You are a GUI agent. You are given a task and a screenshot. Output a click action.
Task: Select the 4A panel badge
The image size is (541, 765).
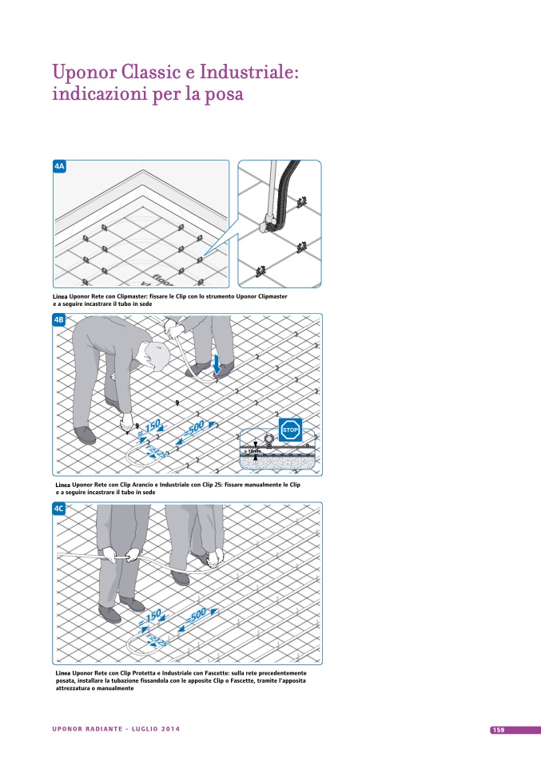59,166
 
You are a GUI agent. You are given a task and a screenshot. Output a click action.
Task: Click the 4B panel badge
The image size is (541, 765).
59,320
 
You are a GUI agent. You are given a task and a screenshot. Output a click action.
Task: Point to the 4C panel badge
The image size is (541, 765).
59,509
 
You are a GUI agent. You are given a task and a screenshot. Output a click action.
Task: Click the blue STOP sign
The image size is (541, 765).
290,429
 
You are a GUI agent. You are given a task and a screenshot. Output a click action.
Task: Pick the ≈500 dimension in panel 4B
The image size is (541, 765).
201,426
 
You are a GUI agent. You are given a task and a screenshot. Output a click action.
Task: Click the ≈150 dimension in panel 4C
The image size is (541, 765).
149,616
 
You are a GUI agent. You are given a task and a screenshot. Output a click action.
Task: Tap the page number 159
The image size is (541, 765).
498,730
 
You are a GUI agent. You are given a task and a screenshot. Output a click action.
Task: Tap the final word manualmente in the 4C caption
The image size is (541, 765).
117,688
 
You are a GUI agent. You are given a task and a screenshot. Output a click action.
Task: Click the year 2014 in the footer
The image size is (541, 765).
169,729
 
